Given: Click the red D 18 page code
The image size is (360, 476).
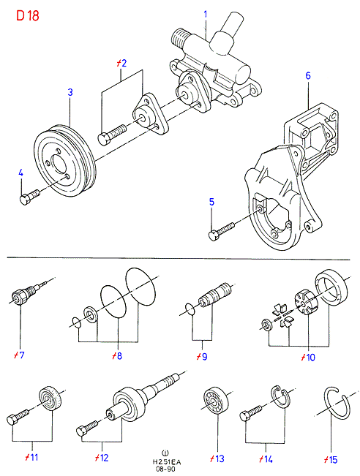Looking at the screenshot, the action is click(28, 15).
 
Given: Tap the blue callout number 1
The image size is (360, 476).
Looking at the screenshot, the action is click(206, 15).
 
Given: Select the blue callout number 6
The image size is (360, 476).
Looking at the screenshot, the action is click(308, 75).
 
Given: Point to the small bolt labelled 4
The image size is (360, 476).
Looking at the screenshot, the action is click(29, 197).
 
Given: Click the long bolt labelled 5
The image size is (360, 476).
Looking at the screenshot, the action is click(222, 231).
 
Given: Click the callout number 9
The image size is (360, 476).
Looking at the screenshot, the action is click(203, 357).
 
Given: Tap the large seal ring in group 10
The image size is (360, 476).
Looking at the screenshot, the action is click(331, 287).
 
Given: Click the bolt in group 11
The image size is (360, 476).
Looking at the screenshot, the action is click(18, 418).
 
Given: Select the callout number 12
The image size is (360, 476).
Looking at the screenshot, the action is click(102, 458).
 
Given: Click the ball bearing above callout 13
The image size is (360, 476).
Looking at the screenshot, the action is click(216, 400).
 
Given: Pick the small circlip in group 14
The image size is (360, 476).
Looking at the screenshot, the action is click(280, 396).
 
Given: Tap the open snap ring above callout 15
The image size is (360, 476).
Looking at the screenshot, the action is click(337, 404).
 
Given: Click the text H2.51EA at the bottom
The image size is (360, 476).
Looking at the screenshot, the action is click(167, 463).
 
